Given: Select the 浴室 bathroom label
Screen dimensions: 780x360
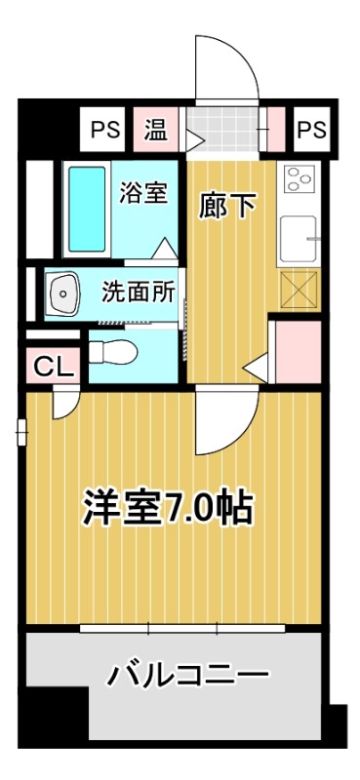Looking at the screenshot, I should click(143, 192).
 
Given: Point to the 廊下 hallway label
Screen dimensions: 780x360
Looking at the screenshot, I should click(228, 207).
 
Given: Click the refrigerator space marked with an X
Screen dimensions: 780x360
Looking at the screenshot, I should click(299, 289).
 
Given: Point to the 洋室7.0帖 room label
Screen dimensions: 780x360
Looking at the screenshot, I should click(167, 508).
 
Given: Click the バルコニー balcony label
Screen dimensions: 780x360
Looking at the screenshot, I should click(187, 675).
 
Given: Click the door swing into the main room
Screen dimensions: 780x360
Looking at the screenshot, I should click(220, 419).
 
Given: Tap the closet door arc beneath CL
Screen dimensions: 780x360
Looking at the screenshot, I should click(65, 402).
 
